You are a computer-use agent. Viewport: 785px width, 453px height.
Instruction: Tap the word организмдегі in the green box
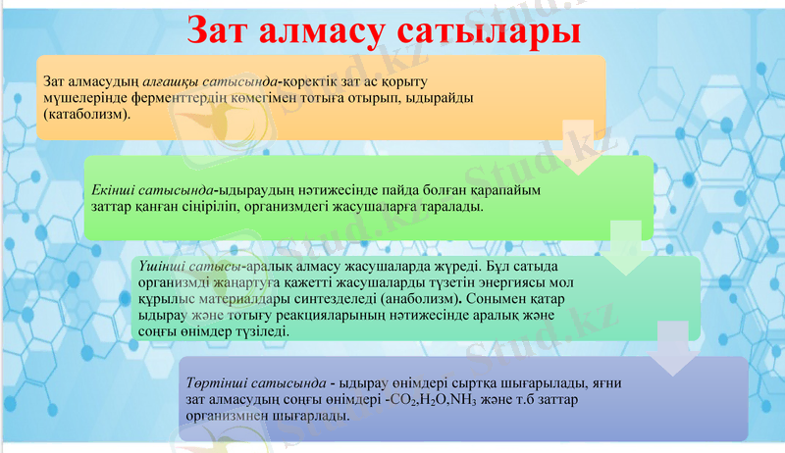click(x=309, y=208)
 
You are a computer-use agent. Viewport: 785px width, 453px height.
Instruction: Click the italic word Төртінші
click(x=213, y=380)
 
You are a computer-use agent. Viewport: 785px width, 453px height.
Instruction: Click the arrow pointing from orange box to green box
click(x=581, y=147)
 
